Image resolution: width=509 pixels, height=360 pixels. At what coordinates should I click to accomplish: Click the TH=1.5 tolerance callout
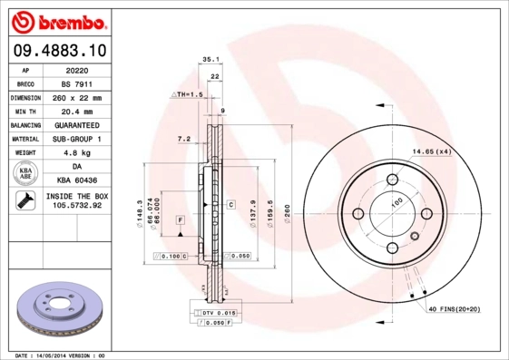[x=188, y=94]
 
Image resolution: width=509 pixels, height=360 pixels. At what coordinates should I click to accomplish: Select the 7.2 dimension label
[x=182, y=140]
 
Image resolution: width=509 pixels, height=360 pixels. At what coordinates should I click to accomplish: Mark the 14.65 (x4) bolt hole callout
[x=432, y=151]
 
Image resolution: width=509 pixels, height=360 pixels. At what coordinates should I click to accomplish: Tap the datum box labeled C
[x=230, y=205]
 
